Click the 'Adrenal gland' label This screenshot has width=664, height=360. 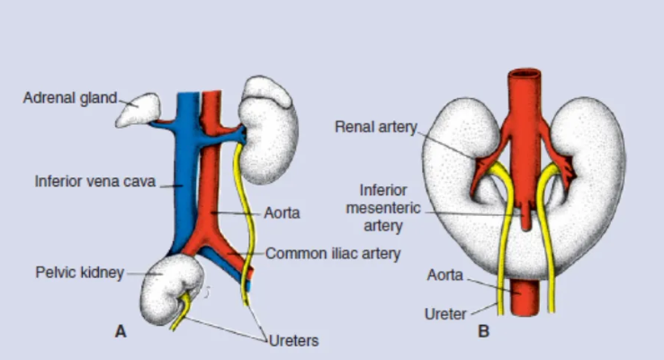pos(69,98)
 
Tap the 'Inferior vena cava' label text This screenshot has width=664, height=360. pos(94,180)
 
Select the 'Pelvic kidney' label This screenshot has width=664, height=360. pos(79,271)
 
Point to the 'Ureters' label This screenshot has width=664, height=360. pos(293,340)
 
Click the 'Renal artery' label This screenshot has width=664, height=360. pos(375,127)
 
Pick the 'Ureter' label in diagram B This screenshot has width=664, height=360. pos(444,314)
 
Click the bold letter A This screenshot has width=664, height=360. pos(121,332)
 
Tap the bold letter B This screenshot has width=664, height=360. pos(483,332)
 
